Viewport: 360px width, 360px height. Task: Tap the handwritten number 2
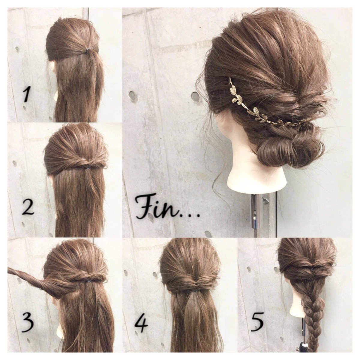pyautogui.click(x=28, y=207)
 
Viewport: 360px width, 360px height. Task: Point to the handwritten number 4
pyautogui.click(x=141, y=322)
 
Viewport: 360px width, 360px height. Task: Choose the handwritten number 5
pyautogui.click(x=257, y=322)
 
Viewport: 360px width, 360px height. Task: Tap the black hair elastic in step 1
pyautogui.click(x=87, y=51)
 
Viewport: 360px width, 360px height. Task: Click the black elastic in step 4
pyautogui.click(x=195, y=291)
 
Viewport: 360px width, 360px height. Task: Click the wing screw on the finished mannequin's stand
pyautogui.click(x=265, y=200)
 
